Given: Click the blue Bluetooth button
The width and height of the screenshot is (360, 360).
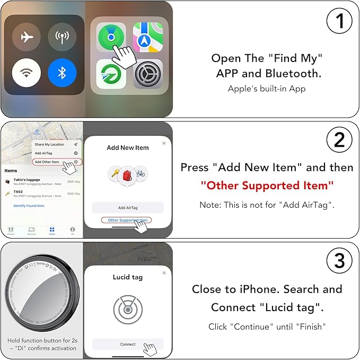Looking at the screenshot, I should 62,72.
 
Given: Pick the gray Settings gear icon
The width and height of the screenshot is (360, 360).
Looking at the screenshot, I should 147,74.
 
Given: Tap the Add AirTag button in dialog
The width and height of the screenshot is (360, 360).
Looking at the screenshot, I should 128,208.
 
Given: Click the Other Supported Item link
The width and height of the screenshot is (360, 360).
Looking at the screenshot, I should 126,220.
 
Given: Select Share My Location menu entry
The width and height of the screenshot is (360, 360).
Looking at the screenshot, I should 49,144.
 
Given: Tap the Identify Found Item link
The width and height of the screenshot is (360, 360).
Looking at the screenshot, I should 29,206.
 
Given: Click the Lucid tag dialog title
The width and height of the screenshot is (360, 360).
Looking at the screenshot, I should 128,277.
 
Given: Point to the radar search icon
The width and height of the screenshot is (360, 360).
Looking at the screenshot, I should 128,309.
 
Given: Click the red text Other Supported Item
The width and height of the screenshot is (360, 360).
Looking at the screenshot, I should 267,186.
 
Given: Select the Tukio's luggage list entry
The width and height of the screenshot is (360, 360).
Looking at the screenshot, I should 32,181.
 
